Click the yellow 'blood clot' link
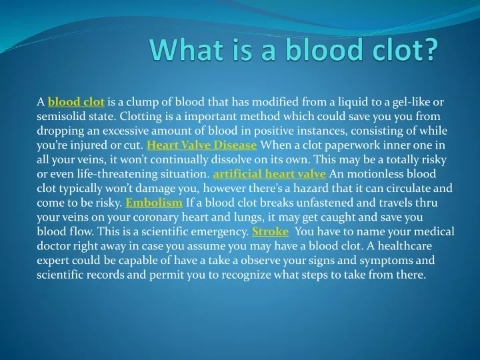click(76, 102)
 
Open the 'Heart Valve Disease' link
click(202, 145)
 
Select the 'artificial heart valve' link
click(269, 174)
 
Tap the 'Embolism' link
click(154, 203)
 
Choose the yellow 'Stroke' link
click(270, 231)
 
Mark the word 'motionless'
click(375, 174)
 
